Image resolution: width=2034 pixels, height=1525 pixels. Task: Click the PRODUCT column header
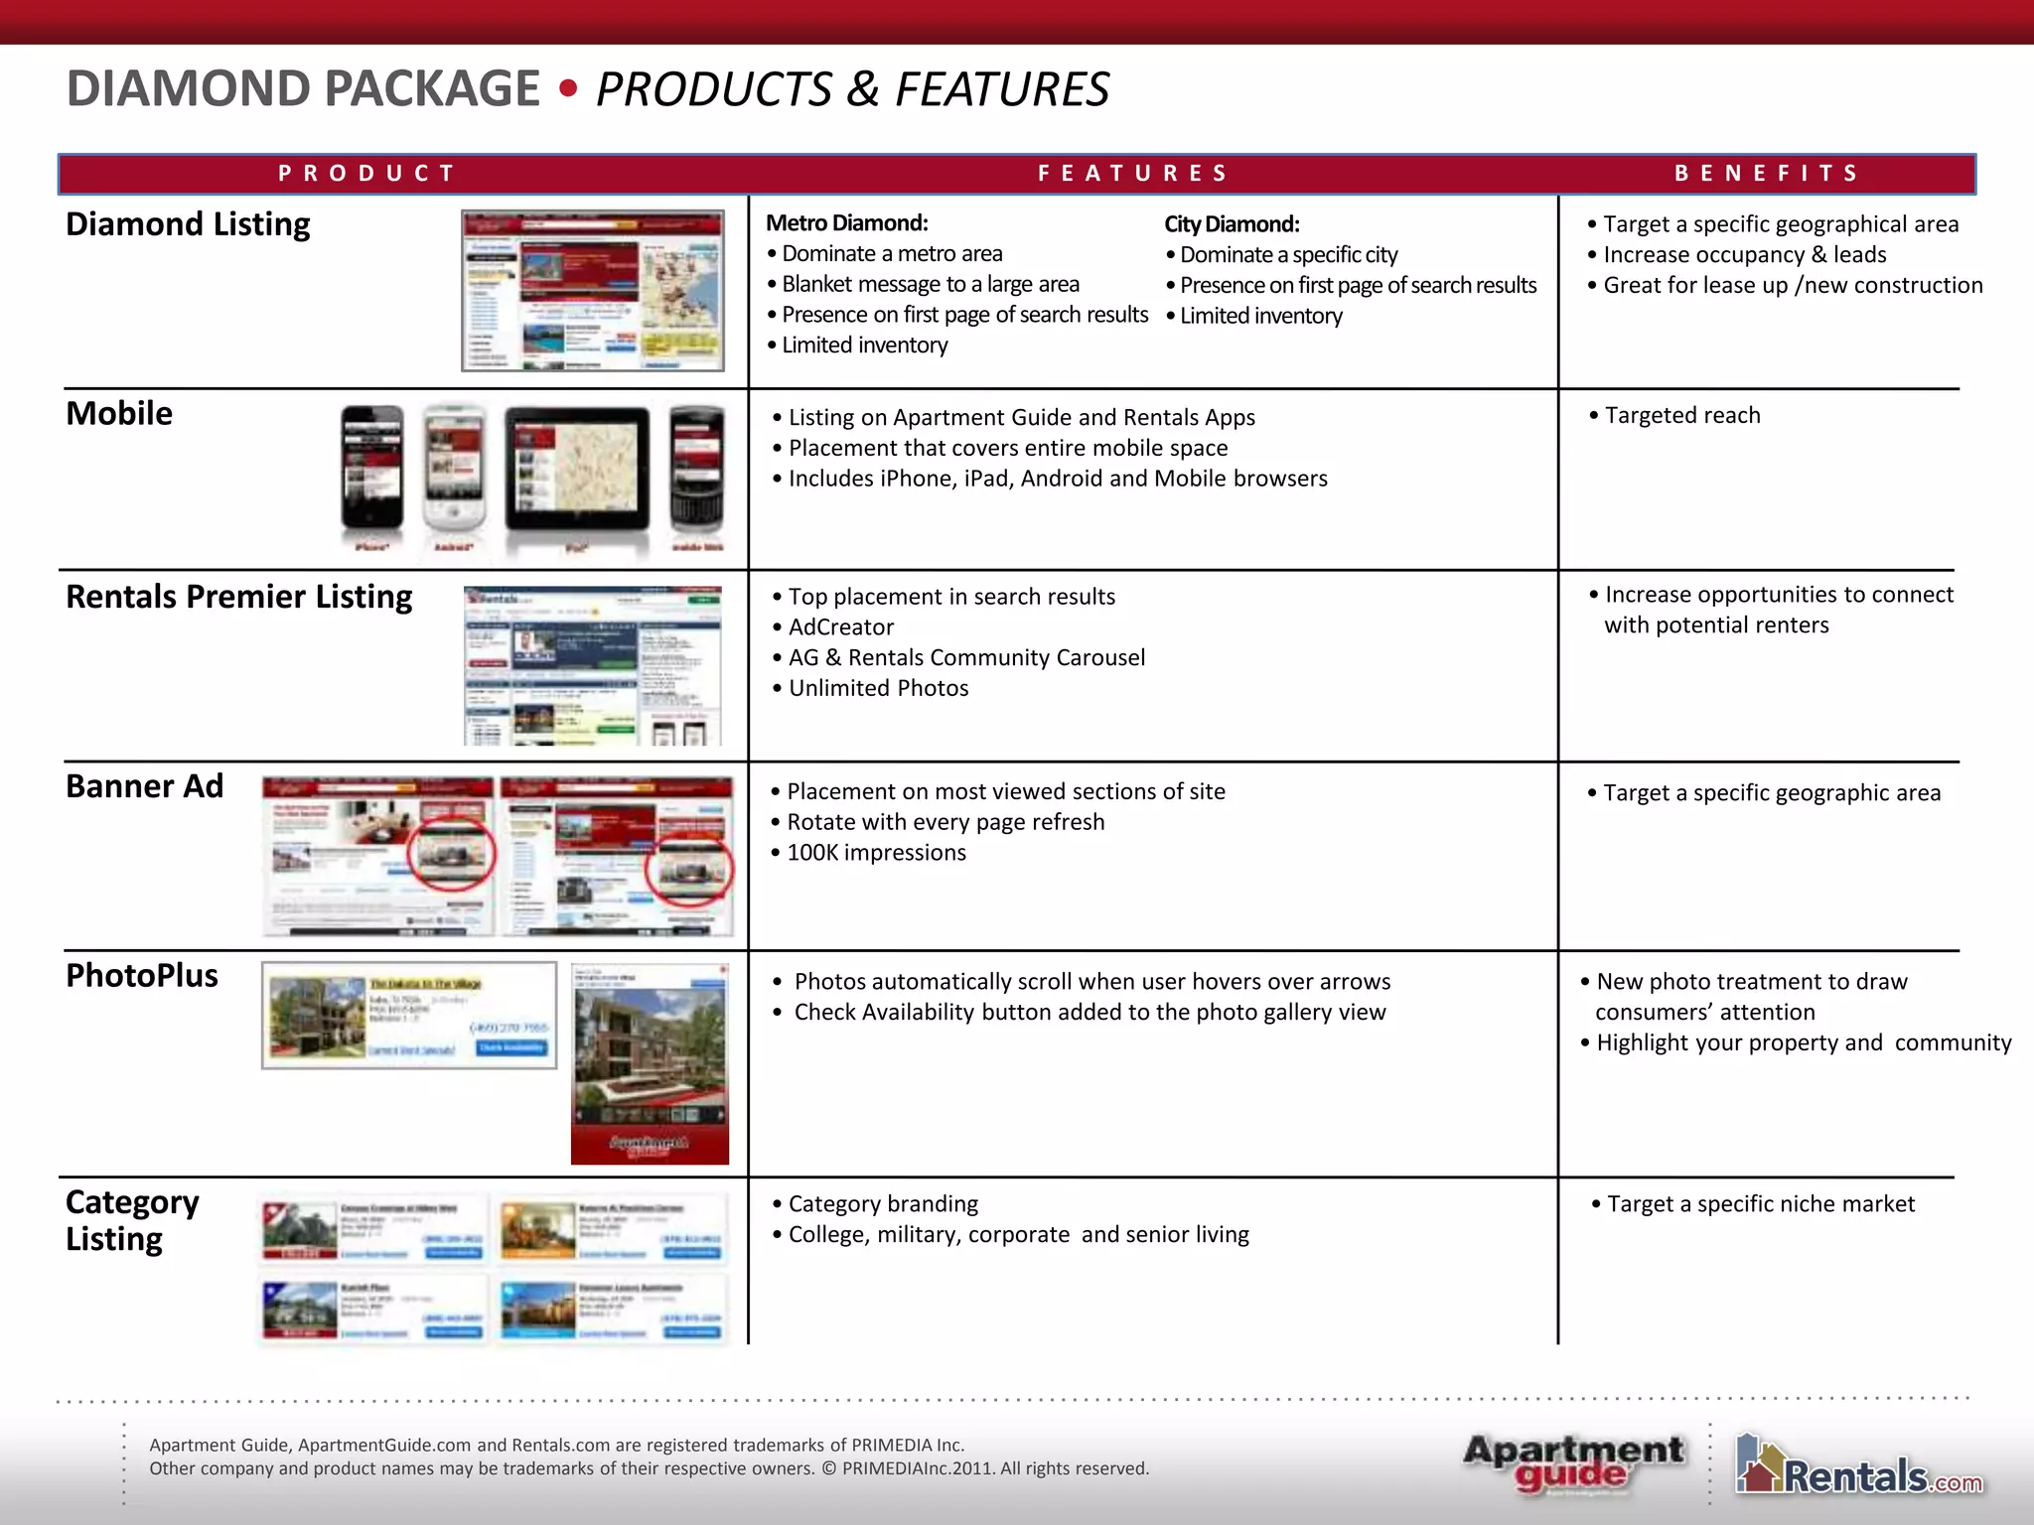(366, 174)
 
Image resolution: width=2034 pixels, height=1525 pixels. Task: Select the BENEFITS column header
(1766, 174)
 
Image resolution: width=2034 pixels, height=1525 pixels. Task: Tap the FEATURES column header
(1133, 174)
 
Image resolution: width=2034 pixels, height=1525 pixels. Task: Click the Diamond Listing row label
(188, 224)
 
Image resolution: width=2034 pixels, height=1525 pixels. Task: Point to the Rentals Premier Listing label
(238, 597)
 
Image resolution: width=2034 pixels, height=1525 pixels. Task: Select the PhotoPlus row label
(142, 976)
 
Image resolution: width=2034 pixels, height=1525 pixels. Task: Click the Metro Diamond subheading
(846, 223)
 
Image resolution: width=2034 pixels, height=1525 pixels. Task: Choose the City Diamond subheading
(1232, 224)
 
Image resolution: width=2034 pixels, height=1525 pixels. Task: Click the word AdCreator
(841, 627)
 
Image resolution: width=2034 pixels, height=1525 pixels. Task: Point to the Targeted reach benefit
(1682, 415)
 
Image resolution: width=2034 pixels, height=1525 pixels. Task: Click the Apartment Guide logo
(1573, 1463)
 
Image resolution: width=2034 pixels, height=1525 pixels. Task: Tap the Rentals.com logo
(1859, 1465)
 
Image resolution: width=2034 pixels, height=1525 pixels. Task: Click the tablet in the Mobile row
(577, 470)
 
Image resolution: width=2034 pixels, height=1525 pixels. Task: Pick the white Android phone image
(455, 470)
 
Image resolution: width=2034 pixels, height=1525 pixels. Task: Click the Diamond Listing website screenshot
(593, 291)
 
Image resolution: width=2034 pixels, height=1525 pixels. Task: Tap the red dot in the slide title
(568, 89)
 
